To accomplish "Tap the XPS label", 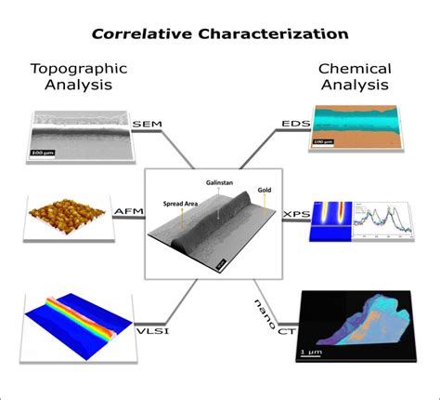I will click(x=294, y=214).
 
